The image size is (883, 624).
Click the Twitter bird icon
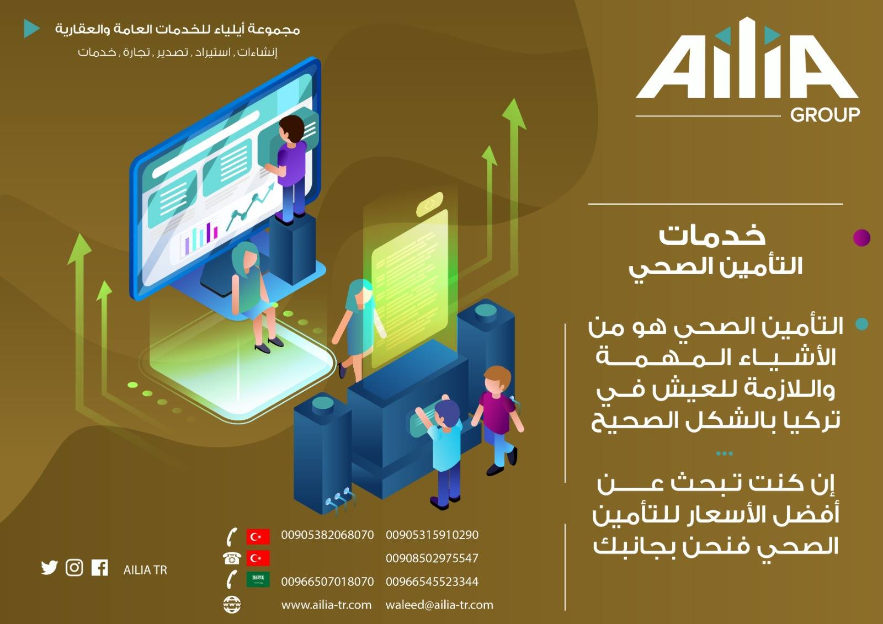(x=49, y=568)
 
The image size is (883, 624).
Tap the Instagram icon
(x=74, y=568)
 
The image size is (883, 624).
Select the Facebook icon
(x=100, y=568)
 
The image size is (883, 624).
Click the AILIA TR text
(x=145, y=570)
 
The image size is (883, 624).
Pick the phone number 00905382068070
(x=327, y=535)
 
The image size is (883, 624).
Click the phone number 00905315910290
(x=432, y=535)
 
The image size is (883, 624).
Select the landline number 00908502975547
(x=432, y=558)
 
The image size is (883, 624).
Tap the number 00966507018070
(x=327, y=582)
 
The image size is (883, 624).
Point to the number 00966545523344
(x=432, y=582)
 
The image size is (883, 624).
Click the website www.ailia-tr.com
(x=326, y=605)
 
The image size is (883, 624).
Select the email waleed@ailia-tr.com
(x=439, y=605)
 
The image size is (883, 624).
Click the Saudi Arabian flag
(x=258, y=580)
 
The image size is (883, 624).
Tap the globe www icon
(x=232, y=604)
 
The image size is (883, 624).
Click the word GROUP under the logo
(x=825, y=115)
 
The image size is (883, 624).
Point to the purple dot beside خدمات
(x=861, y=238)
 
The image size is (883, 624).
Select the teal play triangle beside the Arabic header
(x=31, y=28)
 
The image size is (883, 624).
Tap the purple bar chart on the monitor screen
(x=201, y=237)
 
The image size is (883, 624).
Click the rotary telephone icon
(x=232, y=558)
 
